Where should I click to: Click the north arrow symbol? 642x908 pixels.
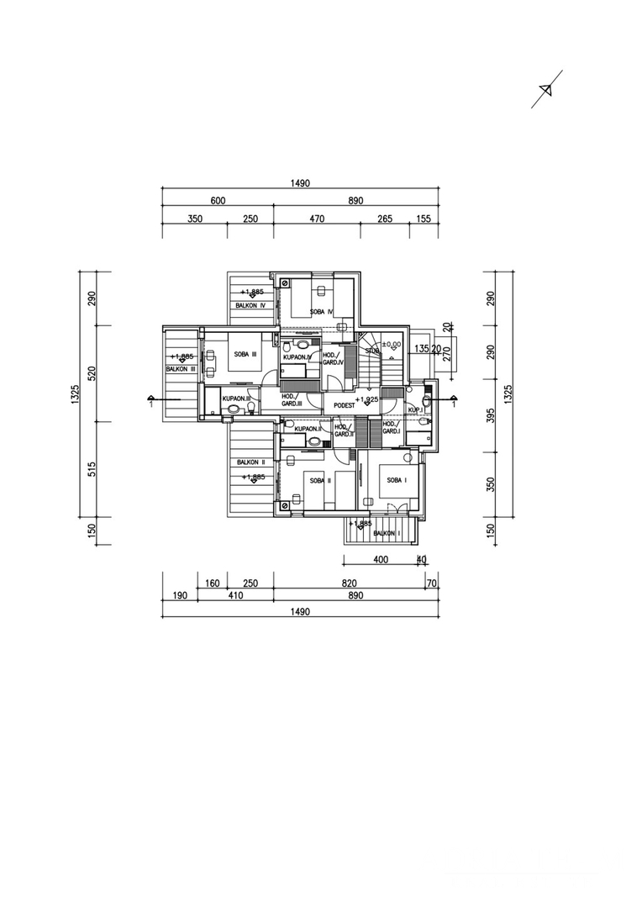point(546,89)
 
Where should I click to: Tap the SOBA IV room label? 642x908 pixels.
point(321,312)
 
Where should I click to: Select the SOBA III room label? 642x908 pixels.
point(245,355)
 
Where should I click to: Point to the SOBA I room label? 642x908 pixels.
point(397,479)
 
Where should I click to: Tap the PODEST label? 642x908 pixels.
point(345,404)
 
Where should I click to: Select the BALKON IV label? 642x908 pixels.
point(250,306)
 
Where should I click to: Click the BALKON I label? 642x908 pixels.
point(386,533)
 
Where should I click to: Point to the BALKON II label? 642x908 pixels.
point(250,463)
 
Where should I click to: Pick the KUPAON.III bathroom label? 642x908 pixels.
point(237,399)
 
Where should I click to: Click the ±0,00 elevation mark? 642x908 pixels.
point(391,344)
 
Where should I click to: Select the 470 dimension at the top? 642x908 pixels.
point(317,219)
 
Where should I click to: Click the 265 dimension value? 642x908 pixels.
point(385,219)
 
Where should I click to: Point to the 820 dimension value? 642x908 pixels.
point(350,582)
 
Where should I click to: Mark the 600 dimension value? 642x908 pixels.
point(218,201)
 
